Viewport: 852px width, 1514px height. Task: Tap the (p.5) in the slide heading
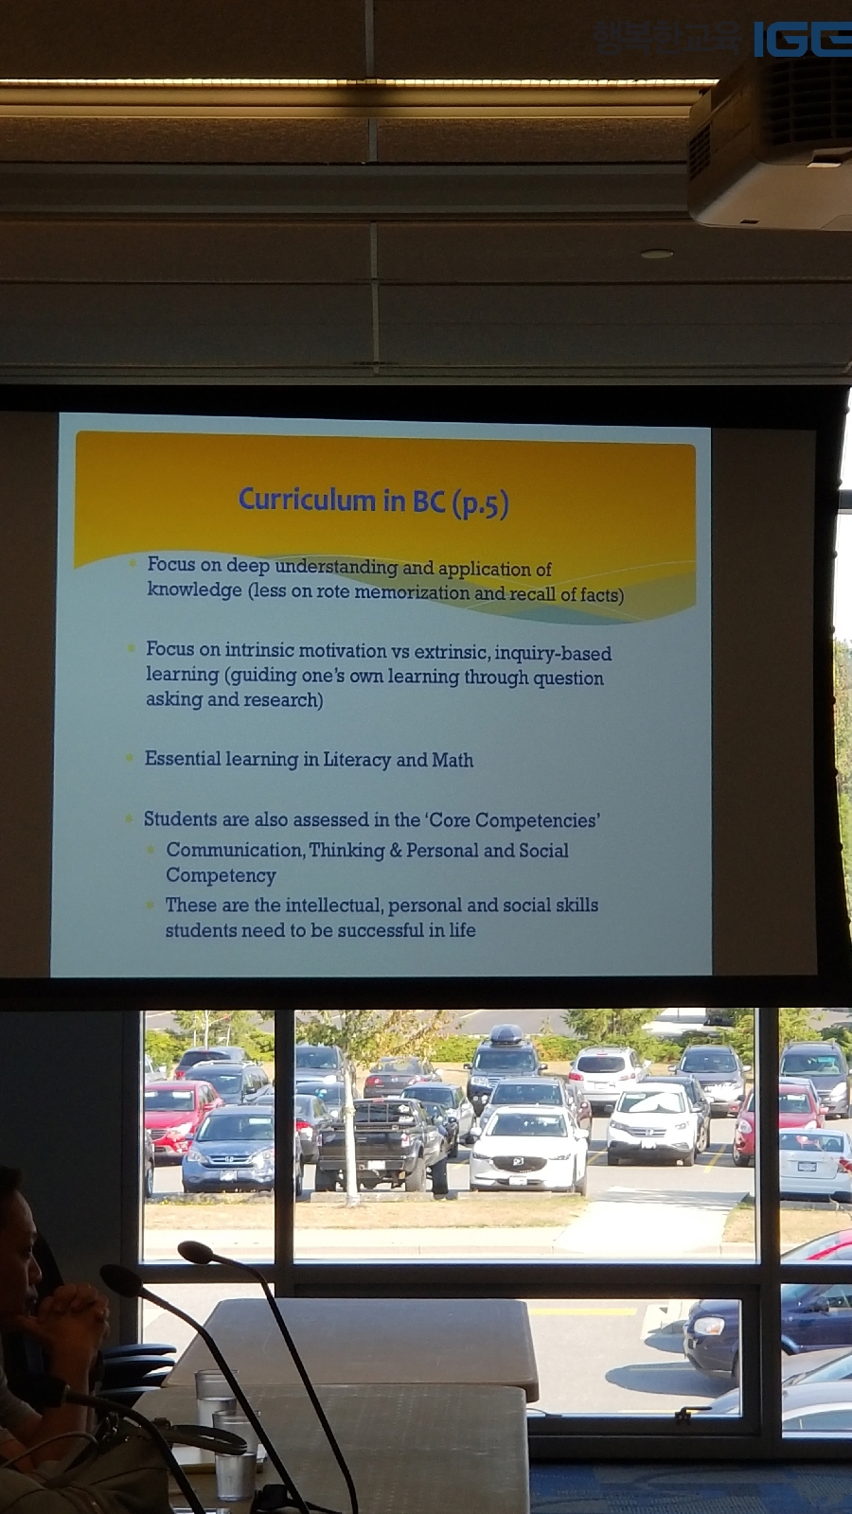point(479,503)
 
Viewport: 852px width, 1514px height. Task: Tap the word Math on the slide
point(453,761)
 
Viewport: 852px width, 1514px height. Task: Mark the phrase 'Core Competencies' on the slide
point(512,819)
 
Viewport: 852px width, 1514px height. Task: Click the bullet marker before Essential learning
point(129,758)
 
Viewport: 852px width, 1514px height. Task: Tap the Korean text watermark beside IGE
point(667,38)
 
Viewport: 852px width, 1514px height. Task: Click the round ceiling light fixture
point(657,255)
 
